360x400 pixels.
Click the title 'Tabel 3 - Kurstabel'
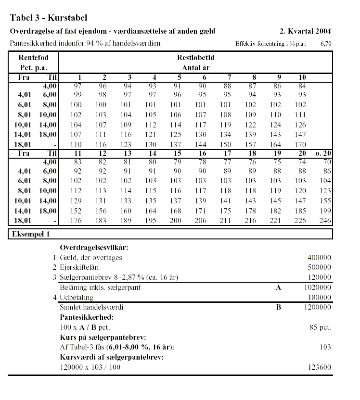tap(48, 18)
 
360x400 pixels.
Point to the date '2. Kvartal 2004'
tap(305, 31)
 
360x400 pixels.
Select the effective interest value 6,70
tap(326, 44)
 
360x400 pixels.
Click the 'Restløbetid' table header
tap(195, 58)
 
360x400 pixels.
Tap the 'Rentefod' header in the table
tap(33, 58)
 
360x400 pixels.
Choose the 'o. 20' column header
tap(322, 154)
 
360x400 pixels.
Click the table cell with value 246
tap(325, 221)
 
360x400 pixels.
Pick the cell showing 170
tap(300, 144)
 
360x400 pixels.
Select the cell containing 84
tap(302, 85)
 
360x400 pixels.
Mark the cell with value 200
tap(176, 221)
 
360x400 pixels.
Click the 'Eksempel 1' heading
tap(31, 234)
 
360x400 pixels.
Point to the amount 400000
tap(319, 258)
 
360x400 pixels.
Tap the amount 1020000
tap(317, 287)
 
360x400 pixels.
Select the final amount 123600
tap(319, 367)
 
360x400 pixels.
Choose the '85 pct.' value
tap(321, 327)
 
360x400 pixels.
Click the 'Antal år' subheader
tap(195, 68)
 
